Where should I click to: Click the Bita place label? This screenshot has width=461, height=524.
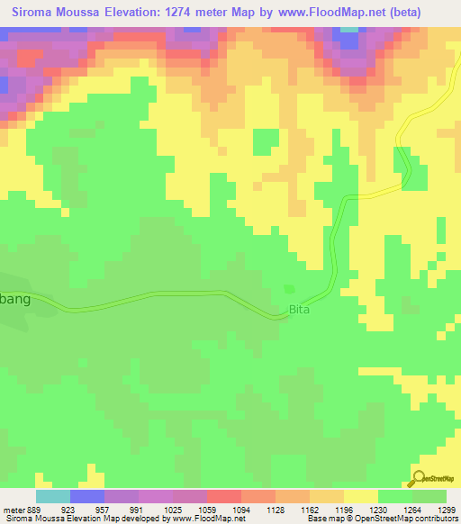299,311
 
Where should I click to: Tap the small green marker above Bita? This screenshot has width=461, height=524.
288,288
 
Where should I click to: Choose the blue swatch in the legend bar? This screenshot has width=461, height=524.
86,496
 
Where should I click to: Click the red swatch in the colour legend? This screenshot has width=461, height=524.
223,496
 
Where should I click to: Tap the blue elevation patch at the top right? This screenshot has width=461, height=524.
348,41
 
